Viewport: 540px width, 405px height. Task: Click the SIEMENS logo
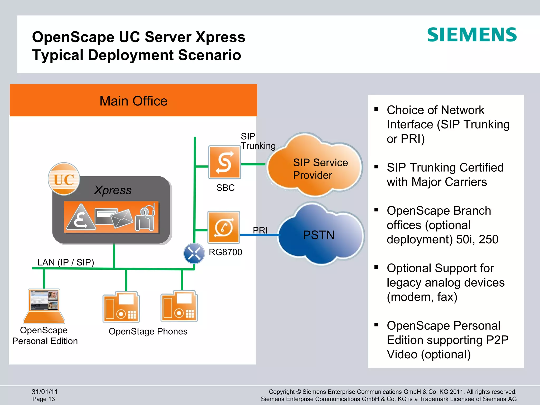click(472, 35)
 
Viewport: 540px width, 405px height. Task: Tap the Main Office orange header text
click(133, 101)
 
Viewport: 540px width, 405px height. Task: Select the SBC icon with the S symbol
click(224, 162)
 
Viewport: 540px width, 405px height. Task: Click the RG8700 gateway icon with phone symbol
click(224, 227)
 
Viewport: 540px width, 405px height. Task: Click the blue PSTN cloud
click(320, 235)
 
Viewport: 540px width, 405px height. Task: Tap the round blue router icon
click(194, 254)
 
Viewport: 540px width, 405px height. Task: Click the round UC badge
click(64, 179)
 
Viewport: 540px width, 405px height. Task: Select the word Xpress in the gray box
click(113, 190)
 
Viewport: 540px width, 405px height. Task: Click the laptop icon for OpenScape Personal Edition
click(44, 306)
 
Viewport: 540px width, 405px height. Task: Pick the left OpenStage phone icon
click(121, 307)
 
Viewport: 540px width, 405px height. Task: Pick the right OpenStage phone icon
click(179, 306)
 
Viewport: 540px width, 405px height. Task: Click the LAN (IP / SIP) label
click(66, 262)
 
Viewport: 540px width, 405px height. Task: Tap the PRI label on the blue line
click(260, 230)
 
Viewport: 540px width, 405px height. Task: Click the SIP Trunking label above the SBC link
click(258, 141)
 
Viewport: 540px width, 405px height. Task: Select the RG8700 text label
click(225, 252)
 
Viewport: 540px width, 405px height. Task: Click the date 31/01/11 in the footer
click(45, 392)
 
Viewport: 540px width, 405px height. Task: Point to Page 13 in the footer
click(44, 399)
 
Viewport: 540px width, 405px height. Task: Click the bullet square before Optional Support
click(376, 267)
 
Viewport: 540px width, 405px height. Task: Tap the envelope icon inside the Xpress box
click(122, 218)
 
